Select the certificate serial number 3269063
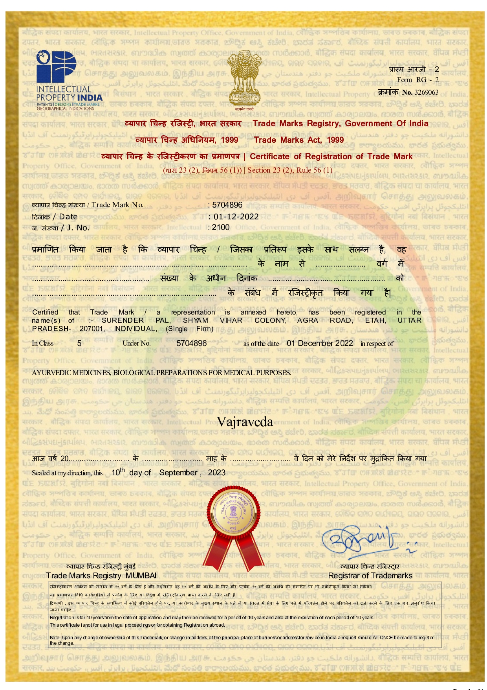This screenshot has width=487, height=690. (427, 92)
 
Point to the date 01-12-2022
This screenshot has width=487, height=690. (236, 216)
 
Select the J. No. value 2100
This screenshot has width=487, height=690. (221, 227)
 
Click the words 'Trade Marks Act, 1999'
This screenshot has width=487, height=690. (298, 140)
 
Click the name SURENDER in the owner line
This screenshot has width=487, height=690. (123, 320)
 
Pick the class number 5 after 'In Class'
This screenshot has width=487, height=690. (79, 343)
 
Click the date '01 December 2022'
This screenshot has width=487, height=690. (320, 343)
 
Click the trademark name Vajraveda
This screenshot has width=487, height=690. (245, 422)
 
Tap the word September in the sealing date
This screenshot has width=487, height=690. (178, 473)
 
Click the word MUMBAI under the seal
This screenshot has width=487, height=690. (141, 576)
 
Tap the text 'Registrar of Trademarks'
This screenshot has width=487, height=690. (370, 576)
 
